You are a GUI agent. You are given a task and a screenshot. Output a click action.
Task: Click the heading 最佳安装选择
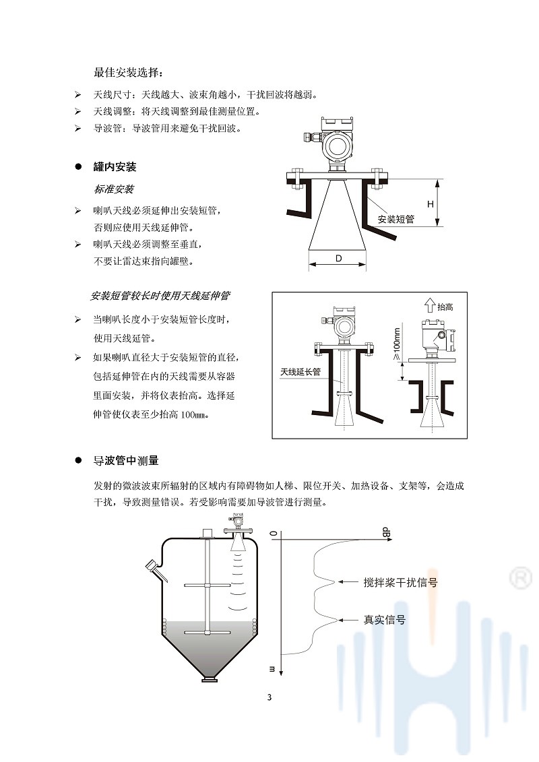[128, 72]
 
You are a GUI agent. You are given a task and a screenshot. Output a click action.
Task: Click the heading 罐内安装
[115, 167]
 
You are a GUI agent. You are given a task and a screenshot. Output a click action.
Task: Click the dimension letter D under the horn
[338, 259]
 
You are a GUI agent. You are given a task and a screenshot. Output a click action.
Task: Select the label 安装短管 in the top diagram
[395, 220]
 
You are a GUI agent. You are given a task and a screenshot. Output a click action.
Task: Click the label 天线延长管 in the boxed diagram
[300, 371]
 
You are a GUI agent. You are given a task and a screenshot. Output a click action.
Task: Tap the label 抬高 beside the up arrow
[445, 307]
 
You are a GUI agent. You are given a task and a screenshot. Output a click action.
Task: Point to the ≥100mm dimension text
[396, 344]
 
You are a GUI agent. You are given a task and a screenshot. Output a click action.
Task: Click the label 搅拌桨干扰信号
[400, 582]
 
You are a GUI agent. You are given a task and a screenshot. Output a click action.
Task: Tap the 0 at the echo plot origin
[274, 534]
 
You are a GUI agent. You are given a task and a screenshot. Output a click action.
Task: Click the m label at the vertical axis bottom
[273, 669]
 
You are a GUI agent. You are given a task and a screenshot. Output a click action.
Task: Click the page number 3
[269, 697]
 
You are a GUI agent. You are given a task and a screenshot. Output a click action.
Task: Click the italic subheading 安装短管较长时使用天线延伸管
[160, 296]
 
